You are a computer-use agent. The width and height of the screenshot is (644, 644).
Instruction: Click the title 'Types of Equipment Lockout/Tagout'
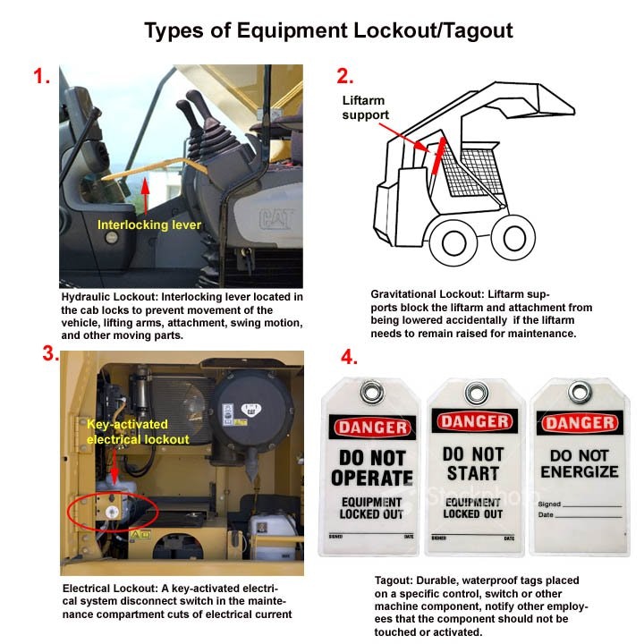coord(329,31)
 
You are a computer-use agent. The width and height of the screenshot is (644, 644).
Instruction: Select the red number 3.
coord(50,352)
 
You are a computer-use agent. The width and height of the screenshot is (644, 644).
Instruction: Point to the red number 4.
coord(349,358)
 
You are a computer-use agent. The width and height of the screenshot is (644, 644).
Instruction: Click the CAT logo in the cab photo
coord(277,217)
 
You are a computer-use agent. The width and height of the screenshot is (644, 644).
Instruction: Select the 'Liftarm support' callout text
coord(366,108)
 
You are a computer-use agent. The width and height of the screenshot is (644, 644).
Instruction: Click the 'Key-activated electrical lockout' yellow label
coord(137,433)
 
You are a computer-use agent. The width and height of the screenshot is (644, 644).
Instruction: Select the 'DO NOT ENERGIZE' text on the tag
coord(579,463)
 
